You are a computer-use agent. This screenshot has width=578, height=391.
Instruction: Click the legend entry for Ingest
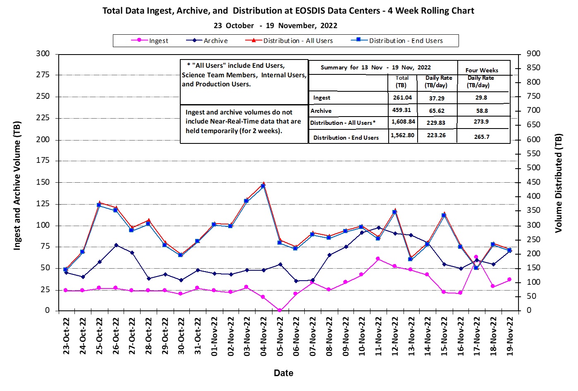click(x=158, y=41)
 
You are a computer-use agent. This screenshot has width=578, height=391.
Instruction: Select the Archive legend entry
click(x=215, y=41)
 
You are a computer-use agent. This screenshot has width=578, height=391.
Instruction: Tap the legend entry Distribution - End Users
click(x=405, y=41)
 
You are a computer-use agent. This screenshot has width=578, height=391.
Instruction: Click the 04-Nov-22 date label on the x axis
click(x=263, y=336)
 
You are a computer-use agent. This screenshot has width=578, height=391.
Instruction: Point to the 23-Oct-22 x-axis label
click(x=66, y=336)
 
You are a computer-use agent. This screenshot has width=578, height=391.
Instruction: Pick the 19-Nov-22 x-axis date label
click(x=510, y=336)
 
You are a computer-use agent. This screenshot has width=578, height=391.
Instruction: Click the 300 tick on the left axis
click(x=43, y=54)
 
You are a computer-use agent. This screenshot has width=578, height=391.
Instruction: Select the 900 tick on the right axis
click(x=533, y=54)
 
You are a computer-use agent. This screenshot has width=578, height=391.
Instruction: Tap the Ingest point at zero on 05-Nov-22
click(x=280, y=310)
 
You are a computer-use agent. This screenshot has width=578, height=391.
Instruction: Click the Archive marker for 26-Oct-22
click(x=116, y=245)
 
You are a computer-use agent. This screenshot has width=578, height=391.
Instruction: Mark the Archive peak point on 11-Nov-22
click(x=379, y=228)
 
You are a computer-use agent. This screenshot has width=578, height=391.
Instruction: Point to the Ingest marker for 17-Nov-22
click(x=476, y=257)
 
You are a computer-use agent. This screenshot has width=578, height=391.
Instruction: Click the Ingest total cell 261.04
click(x=402, y=98)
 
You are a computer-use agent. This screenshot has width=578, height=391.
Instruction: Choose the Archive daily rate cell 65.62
click(x=436, y=111)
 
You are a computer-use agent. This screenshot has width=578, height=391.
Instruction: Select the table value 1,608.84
click(x=402, y=122)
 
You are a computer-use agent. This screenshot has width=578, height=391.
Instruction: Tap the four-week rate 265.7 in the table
click(x=482, y=136)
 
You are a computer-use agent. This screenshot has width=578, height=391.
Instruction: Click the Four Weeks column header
click(x=482, y=70)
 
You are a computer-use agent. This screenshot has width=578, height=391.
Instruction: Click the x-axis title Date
click(x=284, y=373)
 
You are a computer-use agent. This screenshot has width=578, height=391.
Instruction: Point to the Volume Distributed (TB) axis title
click(x=559, y=183)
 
